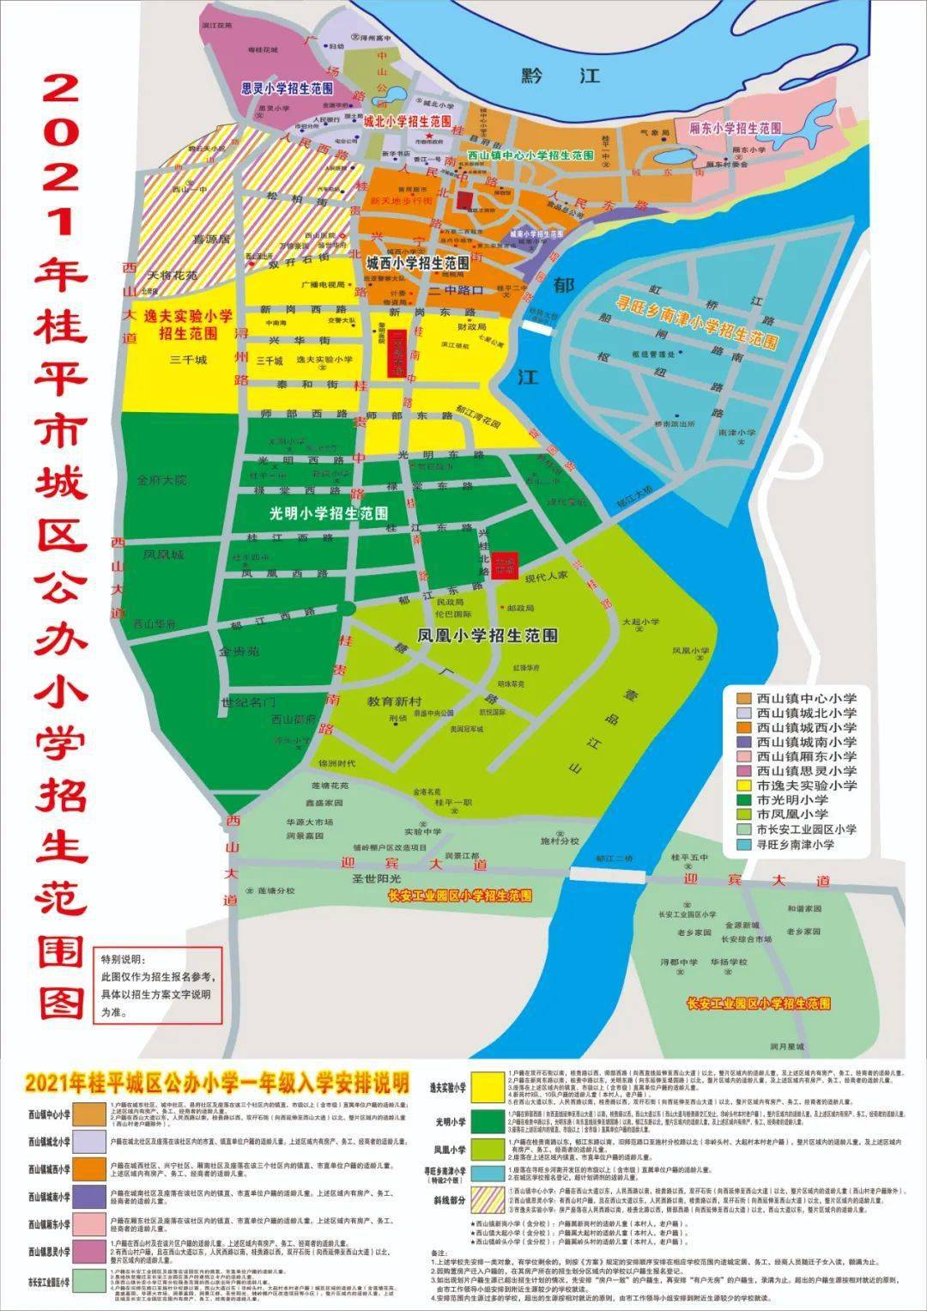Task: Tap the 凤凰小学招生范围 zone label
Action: pos(487,636)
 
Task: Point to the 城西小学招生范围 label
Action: pos(417,262)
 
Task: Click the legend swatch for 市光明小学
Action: pos(742,800)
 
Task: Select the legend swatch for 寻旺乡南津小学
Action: pos(742,844)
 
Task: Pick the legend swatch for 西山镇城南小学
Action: pos(742,742)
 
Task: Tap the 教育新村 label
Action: pos(391,701)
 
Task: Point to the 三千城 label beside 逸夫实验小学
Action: pos(189,360)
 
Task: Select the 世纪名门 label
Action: pos(247,702)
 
